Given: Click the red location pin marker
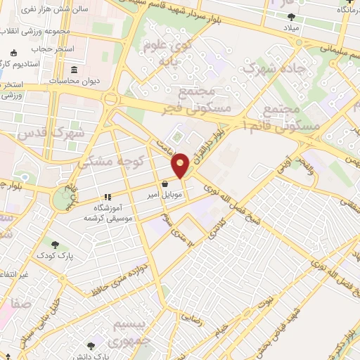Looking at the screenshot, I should [181, 165].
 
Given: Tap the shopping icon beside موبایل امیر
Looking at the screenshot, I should [164, 184].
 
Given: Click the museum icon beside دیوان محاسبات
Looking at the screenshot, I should [75, 70].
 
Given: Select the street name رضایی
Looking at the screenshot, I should [195, 318].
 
